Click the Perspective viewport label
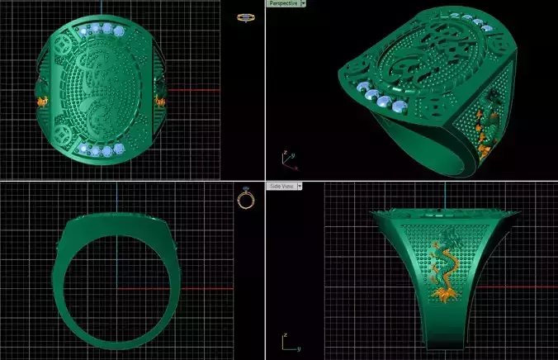(282, 3)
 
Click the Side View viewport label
(282, 187)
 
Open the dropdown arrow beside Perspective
(303, 3)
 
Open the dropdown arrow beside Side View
(300, 187)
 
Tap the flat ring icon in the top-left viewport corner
(244, 16)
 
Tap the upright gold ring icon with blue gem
(245, 199)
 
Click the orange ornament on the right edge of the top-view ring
(160, 102)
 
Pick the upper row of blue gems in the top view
(104, 31)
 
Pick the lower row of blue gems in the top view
(102, 149)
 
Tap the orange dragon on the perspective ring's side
(486, 124)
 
